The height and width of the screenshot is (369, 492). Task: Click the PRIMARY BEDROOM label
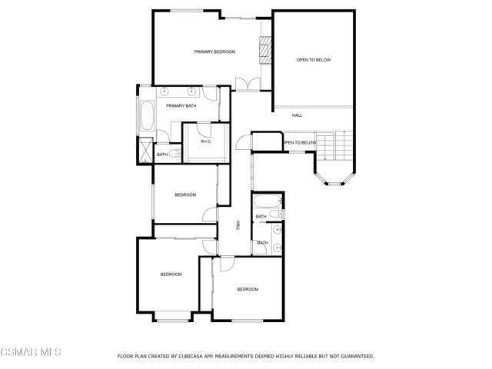tap(214, 52)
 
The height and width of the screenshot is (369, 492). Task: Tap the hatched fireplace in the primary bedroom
tap(265, 50)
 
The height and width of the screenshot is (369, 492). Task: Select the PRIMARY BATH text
tap(181, 106)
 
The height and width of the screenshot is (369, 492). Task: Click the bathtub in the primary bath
tap(147, 115)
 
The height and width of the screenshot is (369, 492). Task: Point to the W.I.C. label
tap(206, 141)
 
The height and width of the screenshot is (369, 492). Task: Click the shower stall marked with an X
tap(146, 150)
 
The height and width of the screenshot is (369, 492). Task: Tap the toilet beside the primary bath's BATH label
tap(175, 154)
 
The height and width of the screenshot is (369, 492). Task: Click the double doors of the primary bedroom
tap(248, 84)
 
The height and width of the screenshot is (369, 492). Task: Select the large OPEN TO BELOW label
tap(314, 60)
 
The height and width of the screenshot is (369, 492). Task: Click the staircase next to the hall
tap(334, 145)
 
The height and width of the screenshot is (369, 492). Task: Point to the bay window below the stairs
tap(334, 179)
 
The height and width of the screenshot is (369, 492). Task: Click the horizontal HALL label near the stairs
tap(298, 115)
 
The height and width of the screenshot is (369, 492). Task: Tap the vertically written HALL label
tap(238, 225)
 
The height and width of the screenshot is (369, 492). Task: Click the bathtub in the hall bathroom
tap(268, 201)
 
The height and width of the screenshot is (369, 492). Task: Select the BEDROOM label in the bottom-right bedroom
tap(248, 289)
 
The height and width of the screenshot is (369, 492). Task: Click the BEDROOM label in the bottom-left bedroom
tap(171, 274)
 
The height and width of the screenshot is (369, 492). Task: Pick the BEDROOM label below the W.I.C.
tap(185, 195)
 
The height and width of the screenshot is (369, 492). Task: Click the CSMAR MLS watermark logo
tap(31, 352)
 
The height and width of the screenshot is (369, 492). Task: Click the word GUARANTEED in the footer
tap(357, 357)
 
